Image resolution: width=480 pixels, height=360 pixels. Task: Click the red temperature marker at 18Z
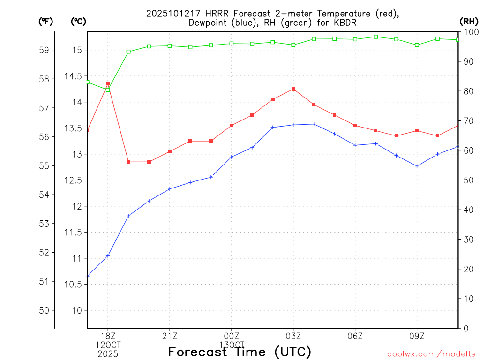[x=108, y=84]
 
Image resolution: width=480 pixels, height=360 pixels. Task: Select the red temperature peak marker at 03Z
[x=293, y=89]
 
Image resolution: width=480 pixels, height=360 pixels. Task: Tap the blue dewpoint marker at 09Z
[x=417, y=166]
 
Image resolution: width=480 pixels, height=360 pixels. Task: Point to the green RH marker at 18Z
[x=108, y=90]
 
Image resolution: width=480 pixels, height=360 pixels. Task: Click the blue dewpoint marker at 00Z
[x=232, y=157]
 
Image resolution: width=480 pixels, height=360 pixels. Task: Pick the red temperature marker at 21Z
[x=170, y=151]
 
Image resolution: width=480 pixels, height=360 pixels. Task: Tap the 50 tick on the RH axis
[x=467, y=180]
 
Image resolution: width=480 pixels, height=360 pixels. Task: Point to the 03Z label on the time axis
[x=293, y=336]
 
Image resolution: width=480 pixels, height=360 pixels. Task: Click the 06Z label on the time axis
[x=355, y=336]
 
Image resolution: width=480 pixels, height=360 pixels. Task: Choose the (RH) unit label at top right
[x=468, y=21]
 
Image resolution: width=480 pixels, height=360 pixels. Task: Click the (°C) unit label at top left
[x=78, y=21]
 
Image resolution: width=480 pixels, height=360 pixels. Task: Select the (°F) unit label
[x=45, y=21]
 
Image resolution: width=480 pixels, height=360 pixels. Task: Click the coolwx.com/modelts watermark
[x=431, y=354]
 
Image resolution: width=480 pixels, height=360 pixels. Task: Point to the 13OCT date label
[x=232, y=345]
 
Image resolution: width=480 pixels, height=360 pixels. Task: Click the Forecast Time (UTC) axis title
[x=240, y=352]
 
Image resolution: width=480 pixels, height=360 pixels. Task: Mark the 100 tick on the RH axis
[x=469, y=32]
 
